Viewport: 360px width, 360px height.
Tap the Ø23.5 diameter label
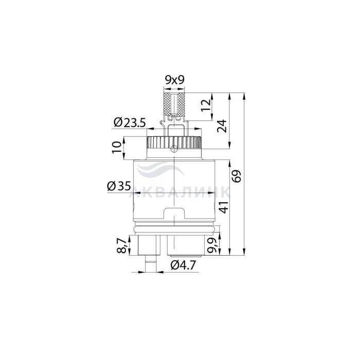point(130,122)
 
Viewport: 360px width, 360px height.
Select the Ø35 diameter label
point(119,186)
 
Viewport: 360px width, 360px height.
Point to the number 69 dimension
point(237,176)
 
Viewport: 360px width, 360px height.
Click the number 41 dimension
point(223,207)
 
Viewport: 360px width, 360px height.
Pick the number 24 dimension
point(222,125)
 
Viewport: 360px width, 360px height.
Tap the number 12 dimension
point(206,105)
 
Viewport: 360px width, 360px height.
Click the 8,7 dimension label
point(122,246)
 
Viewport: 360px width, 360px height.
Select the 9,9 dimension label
point(211,245)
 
